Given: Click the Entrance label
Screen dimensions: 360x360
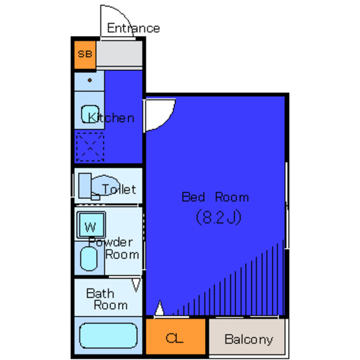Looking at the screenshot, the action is [133, 28].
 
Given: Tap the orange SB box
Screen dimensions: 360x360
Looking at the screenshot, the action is [85, 55].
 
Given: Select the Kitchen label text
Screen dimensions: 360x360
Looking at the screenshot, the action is [111, 118].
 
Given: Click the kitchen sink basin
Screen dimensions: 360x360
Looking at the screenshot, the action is [90, 114].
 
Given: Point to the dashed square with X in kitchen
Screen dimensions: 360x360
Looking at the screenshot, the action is [90, 147].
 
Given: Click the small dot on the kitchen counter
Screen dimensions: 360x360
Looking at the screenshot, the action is [90, 80].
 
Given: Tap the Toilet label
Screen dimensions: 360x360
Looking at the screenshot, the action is [119, 189].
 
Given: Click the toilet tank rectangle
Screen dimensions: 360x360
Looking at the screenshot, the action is [85, 186].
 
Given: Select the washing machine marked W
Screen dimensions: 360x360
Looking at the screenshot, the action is [91, 225].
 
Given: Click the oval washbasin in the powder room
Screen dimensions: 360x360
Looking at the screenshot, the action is [89, 259].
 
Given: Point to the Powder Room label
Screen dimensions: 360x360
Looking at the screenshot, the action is [114, 249].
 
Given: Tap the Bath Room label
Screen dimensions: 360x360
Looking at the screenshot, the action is [107, 299].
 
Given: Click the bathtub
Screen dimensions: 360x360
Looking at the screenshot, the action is [108, 335].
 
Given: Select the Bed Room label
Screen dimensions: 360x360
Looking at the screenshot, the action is [215, 197].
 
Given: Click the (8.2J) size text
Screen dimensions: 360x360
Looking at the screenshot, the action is [219, 217].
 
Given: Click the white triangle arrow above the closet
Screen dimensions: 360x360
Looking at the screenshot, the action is [160, 308].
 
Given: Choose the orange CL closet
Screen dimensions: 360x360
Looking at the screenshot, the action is [176, 336].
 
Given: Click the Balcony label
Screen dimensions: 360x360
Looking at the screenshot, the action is [249, 339].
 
